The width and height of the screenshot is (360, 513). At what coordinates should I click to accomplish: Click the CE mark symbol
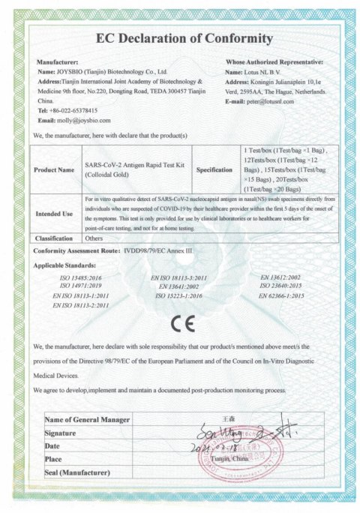pos(180,325)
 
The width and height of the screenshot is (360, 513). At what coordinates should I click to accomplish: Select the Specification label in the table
pos(214,170)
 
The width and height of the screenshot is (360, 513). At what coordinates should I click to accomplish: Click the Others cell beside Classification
pos(95,238)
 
